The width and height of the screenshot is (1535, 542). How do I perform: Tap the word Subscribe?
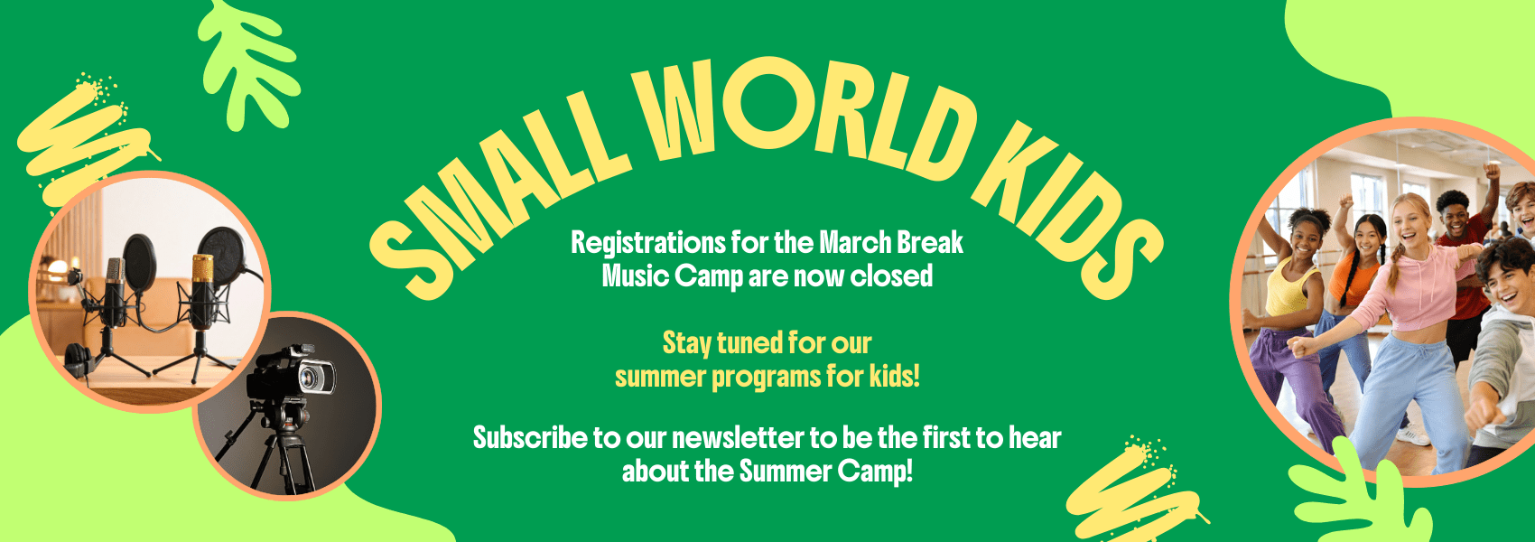530,438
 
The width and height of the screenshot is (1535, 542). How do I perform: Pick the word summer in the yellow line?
660,377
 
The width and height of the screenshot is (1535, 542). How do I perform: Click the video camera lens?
312,377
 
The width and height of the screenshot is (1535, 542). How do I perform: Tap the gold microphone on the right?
202,289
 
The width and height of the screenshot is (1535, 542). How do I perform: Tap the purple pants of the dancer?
1291,379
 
